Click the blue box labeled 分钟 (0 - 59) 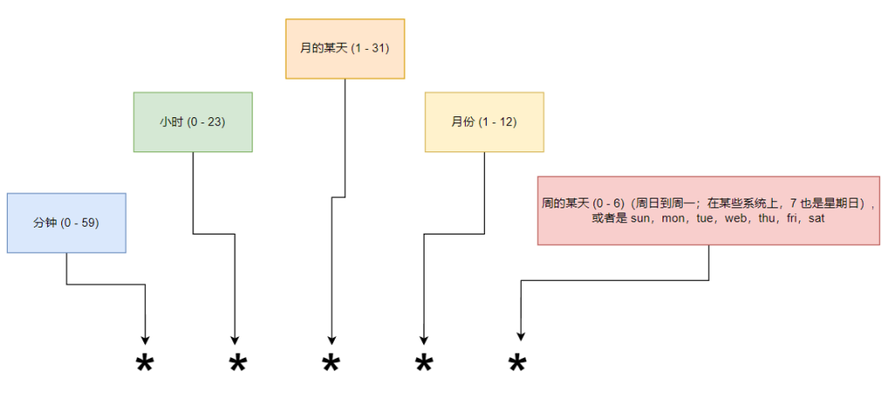coord(66,223)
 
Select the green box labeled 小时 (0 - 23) coord(192,122)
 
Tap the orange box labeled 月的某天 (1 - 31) coord(344,49)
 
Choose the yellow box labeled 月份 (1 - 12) coord(484,122)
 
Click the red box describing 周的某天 coord(708,210)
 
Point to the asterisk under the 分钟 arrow coord(144,363)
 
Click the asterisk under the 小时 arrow coord(237,363)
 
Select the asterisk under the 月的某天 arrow coord(330,363)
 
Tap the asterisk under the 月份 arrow coord(424,363)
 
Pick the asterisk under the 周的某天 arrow coord(517,363)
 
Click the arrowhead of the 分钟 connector coord(144,339)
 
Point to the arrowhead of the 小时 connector coord(234,339)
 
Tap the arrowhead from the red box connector coord(521,334)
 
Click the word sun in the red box coord(642,219)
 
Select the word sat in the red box coord(816,219)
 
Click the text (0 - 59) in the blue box coord(79,223)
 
